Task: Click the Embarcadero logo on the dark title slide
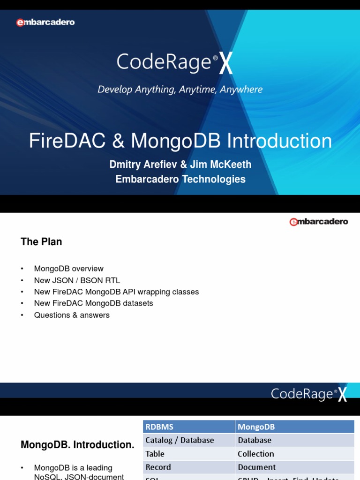click(x=45, y=22)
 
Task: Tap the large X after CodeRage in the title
click(x=226, y=65)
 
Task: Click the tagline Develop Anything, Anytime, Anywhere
click(x=180, y=89)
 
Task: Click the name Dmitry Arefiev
click(x=141, y=165)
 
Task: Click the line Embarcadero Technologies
click(x=180, y=179)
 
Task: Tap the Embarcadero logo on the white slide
click(x=319, y=222)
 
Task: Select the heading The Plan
click(x=41, y=242)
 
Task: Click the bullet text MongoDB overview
click(x=69, y=269)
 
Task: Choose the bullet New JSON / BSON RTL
click(x=77, y=280)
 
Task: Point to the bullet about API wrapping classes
click(x=117, y=292)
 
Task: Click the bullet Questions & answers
click(x=72, y=315)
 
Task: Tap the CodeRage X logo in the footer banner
click(x=309, y=394)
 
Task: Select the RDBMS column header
click(x=159, y=427)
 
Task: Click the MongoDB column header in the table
click(x=256, y=427)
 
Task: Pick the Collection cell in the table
click(x=256, y=454)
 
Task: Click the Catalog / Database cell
click(x=180, y=440)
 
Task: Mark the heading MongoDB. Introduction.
click(x=77, y=445)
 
